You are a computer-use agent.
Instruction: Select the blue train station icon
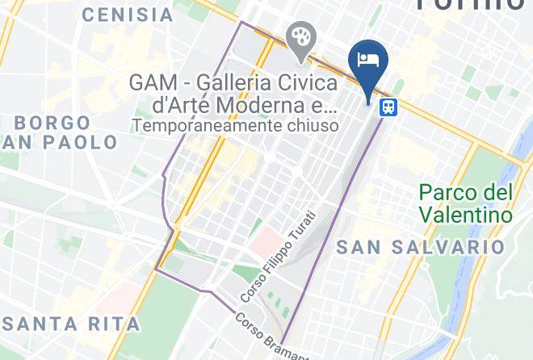pos(389,107)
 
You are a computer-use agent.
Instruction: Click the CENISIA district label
pos(128,15)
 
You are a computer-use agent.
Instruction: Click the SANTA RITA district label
pos(71,324)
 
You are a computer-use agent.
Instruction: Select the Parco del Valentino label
pos(466,204)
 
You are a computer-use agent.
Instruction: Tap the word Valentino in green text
pos(466,216)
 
